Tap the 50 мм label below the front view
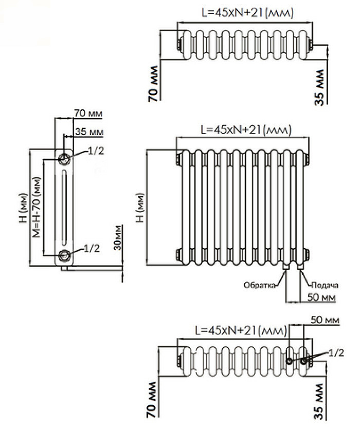pos(321,297)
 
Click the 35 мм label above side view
pos(89,132)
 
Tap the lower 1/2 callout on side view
pos(91,249)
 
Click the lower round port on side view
pos(64,254)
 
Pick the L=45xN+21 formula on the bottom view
pos(239,330)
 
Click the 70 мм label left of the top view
pos(153,84)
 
